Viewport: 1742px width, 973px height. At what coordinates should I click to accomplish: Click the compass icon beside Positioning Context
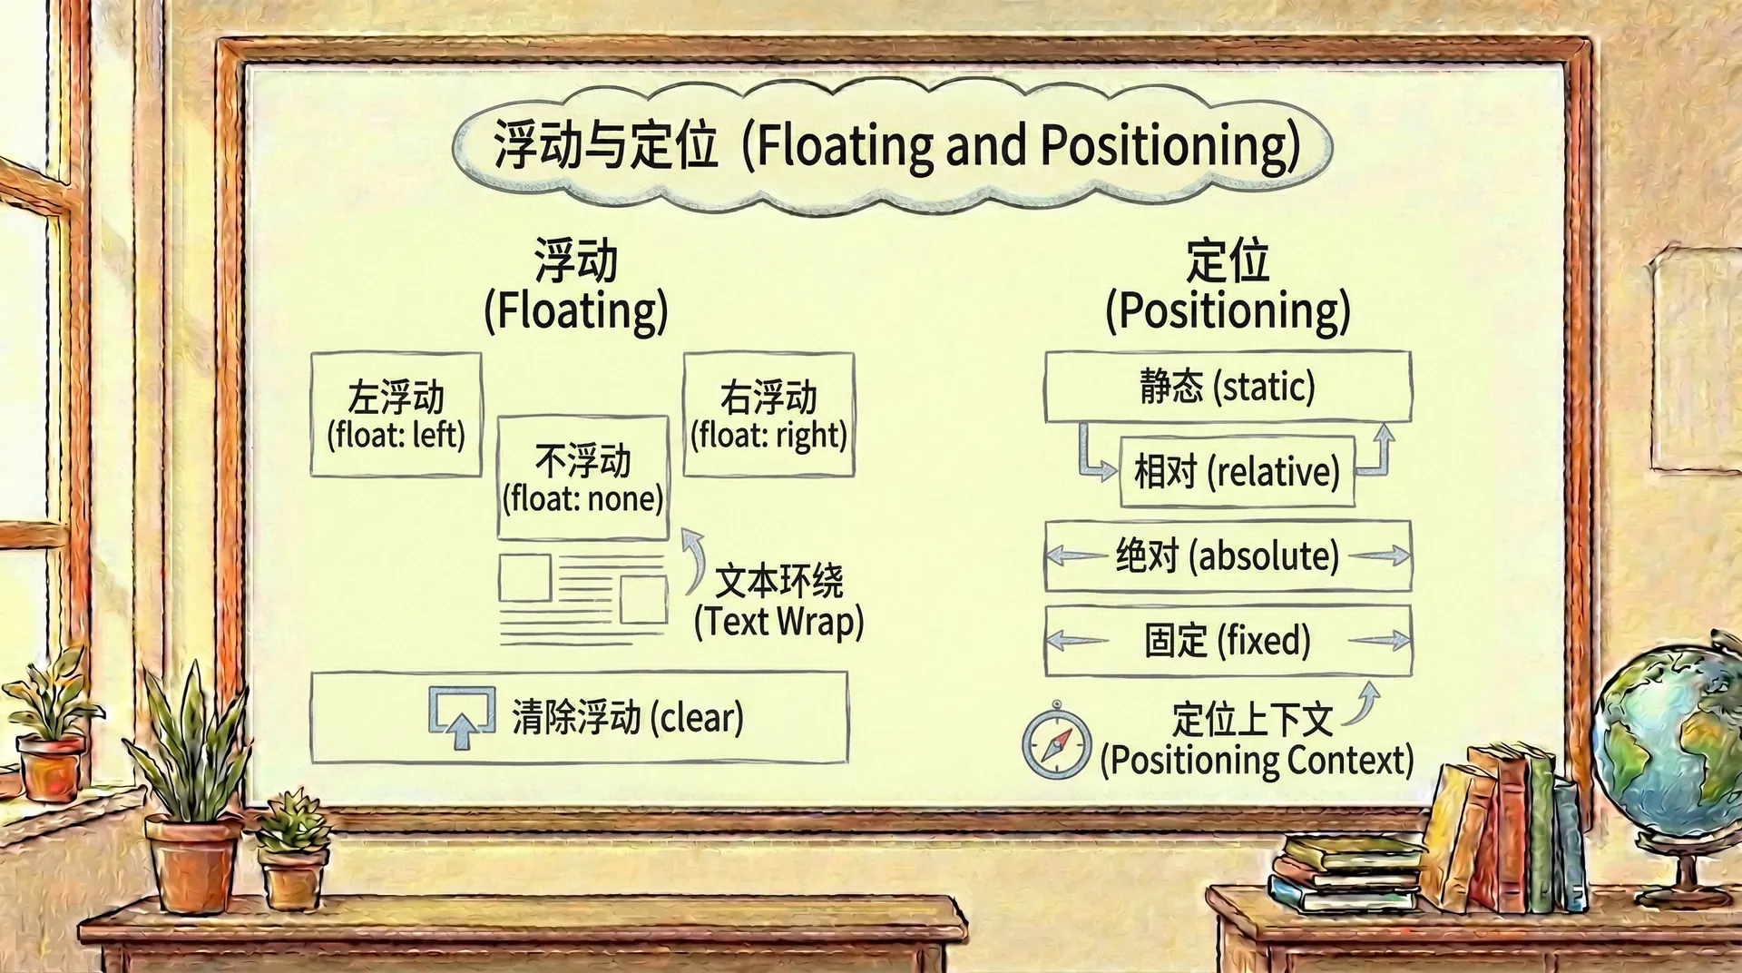pos(1056,742)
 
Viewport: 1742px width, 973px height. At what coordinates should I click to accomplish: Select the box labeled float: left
pos(396,415)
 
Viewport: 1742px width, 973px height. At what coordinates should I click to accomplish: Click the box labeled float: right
pos(768,415)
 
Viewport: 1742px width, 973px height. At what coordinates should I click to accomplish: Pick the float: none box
pos(583,478)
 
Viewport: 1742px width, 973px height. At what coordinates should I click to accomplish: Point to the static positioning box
pos(1228,387)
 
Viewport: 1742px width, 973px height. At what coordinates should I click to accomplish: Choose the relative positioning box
pos(1238,471)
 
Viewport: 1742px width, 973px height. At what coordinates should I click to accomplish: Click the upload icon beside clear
pos(462,717)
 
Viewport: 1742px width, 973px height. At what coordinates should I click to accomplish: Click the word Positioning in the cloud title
pos(1163,146)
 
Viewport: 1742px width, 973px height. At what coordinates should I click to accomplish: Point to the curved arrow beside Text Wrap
pos(696,560)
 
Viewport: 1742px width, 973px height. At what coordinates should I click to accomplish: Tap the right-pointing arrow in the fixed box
pos(1379,641)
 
